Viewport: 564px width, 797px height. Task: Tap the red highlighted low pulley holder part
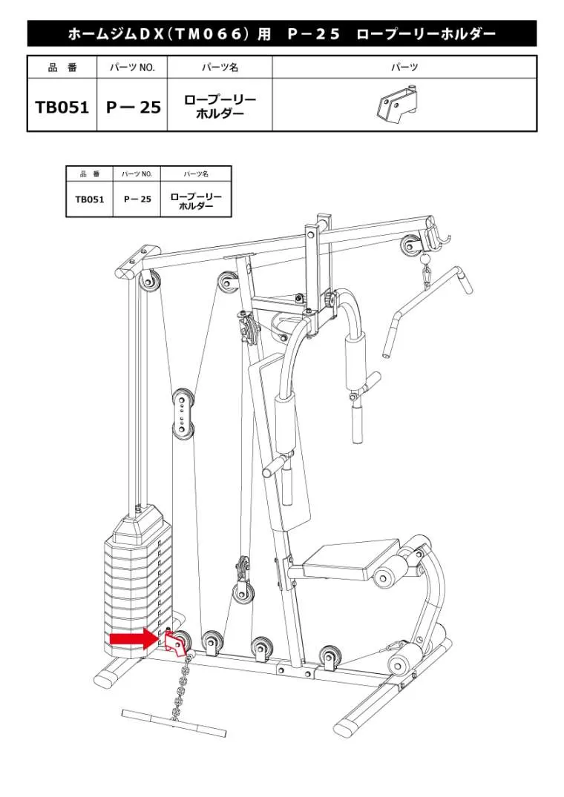[175, 643]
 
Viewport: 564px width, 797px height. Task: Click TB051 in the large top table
[62, 108]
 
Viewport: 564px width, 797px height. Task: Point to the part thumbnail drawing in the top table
[397, 105]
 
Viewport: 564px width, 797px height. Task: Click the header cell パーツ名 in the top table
[220, 67]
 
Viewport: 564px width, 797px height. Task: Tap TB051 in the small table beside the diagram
[90, 199]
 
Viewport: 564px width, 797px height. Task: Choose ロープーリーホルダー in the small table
[196, 201]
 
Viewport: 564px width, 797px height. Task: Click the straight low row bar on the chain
[174, 722]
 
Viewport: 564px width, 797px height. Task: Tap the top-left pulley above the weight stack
[149, 282]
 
